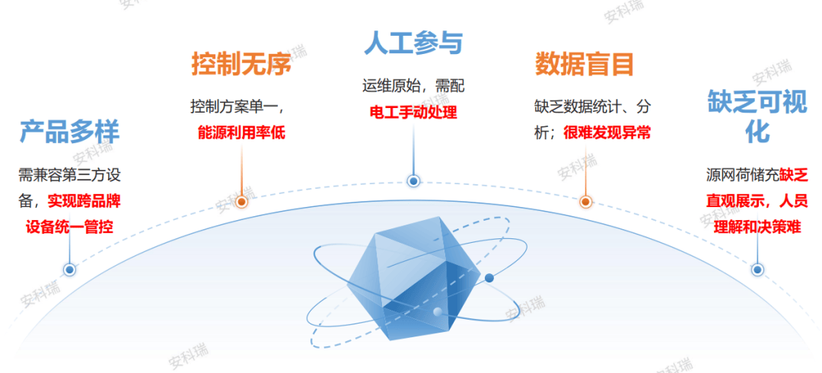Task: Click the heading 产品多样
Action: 70,132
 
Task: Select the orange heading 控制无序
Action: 241,64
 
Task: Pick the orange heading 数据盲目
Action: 585,64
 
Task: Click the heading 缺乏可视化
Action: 757,116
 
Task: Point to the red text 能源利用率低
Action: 241,132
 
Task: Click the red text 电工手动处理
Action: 413,112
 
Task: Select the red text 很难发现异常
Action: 607,132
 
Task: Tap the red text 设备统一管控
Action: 70,228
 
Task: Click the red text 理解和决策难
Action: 757,228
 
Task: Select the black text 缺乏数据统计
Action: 578,107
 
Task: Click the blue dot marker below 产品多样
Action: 69,270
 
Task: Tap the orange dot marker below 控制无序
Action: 241,202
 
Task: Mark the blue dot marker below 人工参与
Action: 413,181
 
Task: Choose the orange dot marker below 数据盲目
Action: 585,202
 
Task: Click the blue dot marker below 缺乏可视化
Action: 757,270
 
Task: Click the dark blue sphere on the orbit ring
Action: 489,278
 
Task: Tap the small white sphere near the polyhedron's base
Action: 437,312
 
